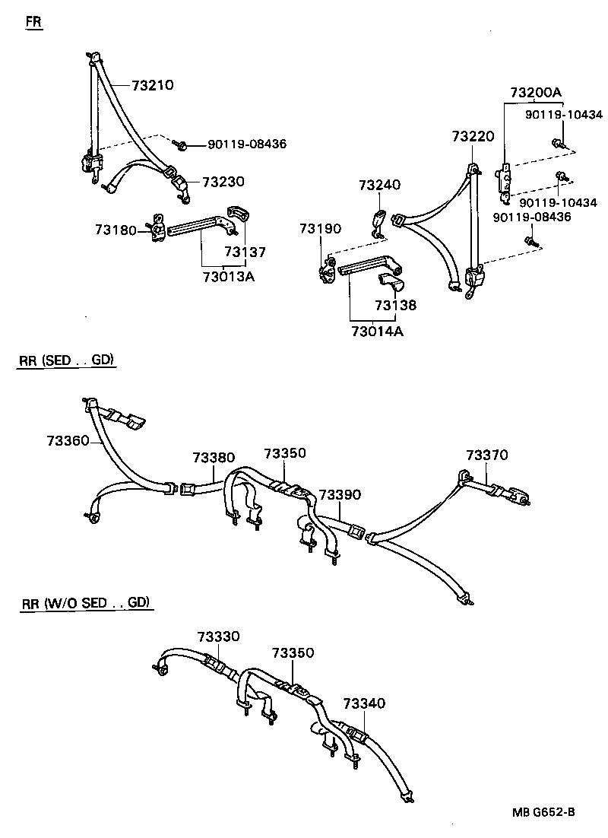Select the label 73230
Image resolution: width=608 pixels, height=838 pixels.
coord(223,182)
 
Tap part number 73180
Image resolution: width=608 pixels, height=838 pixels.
coord(116,229)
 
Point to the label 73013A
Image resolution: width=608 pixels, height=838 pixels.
coord(228,276)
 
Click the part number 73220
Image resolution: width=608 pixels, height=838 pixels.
coord(473,137)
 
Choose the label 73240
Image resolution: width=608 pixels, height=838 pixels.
coord(379,186)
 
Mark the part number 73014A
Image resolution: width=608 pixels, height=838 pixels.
coord(378,331)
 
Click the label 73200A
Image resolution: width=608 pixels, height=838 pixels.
coord(535,93)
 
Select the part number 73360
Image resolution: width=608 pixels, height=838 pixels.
coord(68,440)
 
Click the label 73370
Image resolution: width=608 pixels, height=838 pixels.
coord(487,456)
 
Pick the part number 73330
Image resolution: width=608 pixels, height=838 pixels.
coord(218,636)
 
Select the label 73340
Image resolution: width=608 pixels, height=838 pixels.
coord(364,704)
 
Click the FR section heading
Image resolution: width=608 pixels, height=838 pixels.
coord(34,21)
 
